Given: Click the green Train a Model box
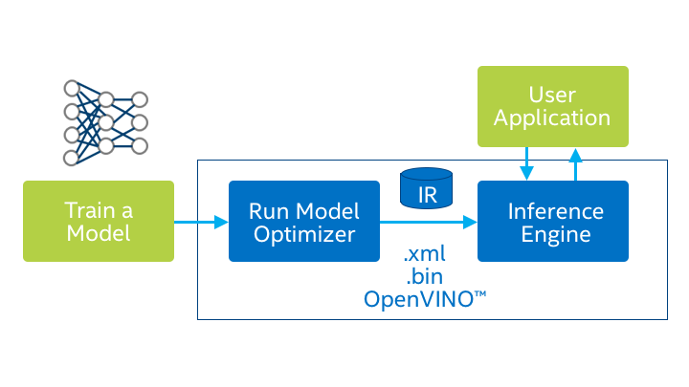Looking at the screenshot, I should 99,221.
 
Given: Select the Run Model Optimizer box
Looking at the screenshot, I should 303,221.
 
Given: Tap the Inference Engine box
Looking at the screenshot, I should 553,221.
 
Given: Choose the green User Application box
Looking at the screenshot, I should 553,106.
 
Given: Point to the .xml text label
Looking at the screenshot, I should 425,255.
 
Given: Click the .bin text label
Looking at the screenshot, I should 424,277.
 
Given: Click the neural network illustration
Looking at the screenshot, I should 105,123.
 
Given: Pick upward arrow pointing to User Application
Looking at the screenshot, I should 576,163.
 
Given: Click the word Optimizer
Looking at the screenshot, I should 303,234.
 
